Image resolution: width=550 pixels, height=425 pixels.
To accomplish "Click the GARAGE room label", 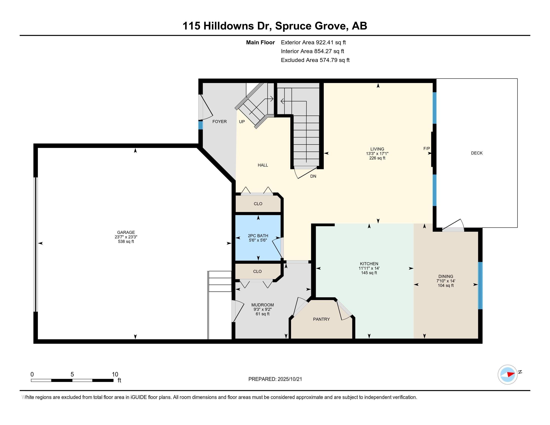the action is click(x=126, y=232).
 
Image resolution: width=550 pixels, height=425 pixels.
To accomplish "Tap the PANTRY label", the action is click(x=321, y=319).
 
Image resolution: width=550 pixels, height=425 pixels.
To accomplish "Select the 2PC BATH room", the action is click(x=258, y=238).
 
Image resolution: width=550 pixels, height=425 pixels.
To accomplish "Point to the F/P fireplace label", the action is click(x=426, y=148).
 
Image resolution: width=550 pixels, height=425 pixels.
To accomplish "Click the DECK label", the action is click(x=477, y=153).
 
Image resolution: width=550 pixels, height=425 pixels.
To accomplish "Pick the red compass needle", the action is click(x=511, y=374).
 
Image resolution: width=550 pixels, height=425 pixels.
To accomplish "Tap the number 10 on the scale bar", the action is click(x=115, y=374).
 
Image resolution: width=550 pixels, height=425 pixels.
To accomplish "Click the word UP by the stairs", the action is click(x=242, y=121).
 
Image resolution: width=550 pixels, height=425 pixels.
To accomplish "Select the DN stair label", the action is click(x=313, y=176).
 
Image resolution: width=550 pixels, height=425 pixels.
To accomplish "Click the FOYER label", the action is click(x=219, y=121).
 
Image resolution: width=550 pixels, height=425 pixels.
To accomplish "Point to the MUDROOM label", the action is click(x=262, y=305).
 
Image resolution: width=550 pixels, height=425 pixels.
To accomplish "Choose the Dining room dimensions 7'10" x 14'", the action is click(x=446, y=281).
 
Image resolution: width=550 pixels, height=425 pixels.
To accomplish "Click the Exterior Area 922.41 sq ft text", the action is click(x=313, y=42).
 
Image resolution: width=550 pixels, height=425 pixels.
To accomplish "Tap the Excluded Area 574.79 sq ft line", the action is click(x=315, y=60).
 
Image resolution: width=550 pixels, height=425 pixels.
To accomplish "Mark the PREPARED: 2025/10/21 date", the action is click(x=275, y=379).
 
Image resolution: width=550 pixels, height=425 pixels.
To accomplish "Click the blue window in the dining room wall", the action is click(x=480, y=285).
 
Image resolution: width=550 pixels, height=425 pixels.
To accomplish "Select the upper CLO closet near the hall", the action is click(x=258, y=204).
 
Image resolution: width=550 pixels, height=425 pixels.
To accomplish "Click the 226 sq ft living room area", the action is click(x=377, y=158).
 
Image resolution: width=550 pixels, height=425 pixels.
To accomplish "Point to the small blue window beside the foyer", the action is click(x=200, y=125).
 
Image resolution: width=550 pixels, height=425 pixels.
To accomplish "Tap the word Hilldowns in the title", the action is click(x=228, y=26).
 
